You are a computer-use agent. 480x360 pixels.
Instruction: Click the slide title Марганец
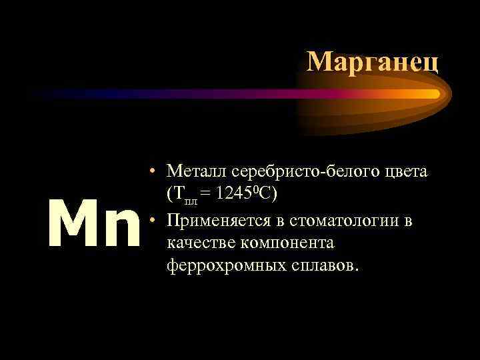coord(373,61)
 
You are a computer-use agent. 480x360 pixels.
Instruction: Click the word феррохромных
coord(224,266)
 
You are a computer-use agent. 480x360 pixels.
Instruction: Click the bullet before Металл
coord(153,172)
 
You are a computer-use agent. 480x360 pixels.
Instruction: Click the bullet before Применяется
coord(153,219)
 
